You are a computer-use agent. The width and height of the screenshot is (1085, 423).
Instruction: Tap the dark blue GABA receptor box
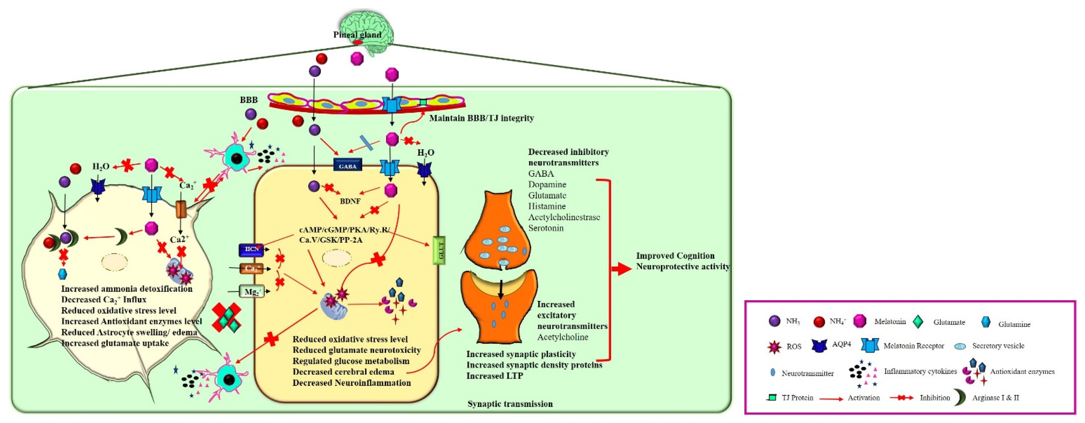(x=348, y=166)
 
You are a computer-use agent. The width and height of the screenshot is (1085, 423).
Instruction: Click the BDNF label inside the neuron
(x=350, y=201)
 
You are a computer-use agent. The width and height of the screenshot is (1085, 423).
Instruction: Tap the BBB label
(x=249, y=100)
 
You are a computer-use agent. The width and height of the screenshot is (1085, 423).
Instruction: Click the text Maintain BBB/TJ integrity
(x=481, y=118)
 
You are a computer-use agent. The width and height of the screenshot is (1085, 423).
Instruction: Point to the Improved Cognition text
(x=675, y=256)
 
